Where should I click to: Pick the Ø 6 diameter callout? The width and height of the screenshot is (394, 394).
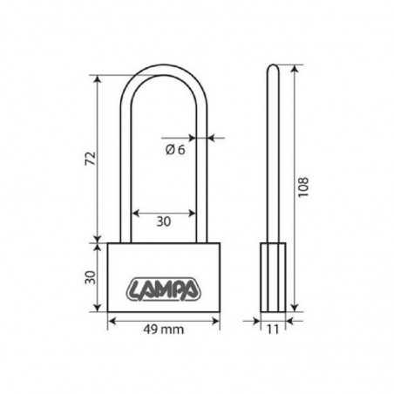tap(174, 149)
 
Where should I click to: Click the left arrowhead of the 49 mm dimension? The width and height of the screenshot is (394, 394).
tap(111, 319)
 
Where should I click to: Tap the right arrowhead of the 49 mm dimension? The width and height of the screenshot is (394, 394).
tap(215, 319)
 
